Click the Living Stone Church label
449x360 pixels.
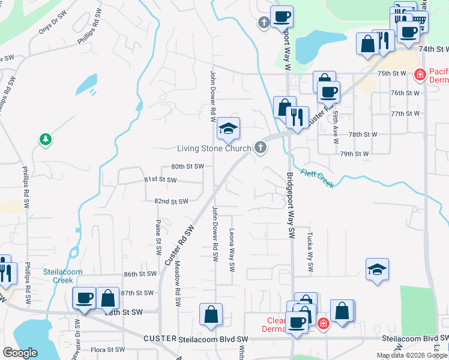[213, 149]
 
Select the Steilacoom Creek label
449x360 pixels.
[58, 275]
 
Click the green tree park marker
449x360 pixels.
[45, 140]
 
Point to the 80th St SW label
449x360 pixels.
[187, 166]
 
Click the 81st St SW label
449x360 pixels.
[160, 179]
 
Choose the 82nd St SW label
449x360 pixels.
[171, 202]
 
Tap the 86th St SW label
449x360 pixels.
[139, 274]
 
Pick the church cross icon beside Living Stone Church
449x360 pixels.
[260, 147]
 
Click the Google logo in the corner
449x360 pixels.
[20, 353]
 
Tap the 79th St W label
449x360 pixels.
[354, 154]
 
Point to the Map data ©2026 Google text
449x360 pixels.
[411, 355]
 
